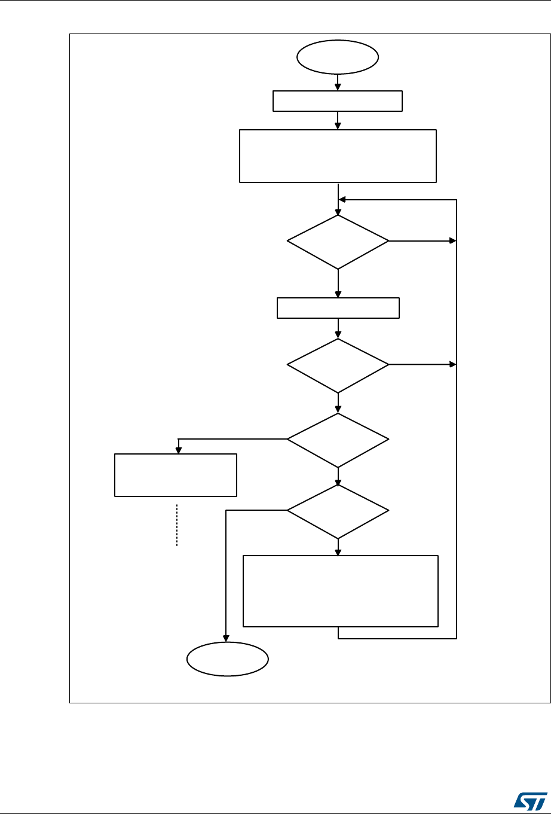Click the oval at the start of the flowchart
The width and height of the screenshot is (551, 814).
tap(338, 57)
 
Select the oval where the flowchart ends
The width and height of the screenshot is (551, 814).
tap(227, 659)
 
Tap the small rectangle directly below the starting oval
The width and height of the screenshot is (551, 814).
tap(338, 101)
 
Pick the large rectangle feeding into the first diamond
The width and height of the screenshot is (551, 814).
tap(338, 156)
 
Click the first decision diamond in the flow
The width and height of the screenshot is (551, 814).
tap(338, 242)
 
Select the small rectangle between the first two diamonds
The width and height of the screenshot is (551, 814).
tap(338, 307)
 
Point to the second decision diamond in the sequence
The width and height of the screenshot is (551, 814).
tap(338, 365)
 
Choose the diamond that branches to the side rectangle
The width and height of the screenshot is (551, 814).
tap(338, 440)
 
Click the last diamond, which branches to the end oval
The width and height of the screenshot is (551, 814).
tap(338, 511)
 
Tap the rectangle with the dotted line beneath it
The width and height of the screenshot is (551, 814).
tap(176, 475)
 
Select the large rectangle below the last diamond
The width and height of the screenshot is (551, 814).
tap(340, 591)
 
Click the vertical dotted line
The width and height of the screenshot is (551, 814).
tap(177, 525)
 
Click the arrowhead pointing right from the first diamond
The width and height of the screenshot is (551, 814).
tap(452, 242)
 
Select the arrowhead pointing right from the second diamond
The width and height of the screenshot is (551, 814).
tap(452, 365)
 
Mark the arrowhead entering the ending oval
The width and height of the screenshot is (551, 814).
tap(226, 638)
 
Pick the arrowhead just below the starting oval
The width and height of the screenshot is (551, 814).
tap(338, 87)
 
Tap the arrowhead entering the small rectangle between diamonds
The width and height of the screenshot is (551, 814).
tap(338, 294)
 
